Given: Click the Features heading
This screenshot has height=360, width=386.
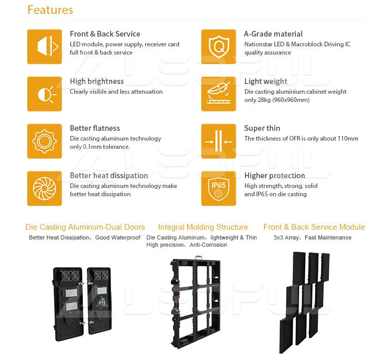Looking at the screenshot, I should (x=50, y=10).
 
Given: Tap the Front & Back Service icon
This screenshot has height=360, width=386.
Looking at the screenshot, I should (x=45, y=46).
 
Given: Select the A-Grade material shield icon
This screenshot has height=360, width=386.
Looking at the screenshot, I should (x=218, y=46).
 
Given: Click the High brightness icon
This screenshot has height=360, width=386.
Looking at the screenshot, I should (x=45, y=94).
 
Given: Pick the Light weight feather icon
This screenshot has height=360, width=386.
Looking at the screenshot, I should (x=218, y=94).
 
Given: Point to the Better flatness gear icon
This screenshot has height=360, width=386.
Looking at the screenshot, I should (x=45, y=141).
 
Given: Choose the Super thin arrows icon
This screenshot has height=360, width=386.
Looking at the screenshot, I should (x=218, y=141).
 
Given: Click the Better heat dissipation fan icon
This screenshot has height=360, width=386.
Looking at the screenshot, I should (x=45, y=188).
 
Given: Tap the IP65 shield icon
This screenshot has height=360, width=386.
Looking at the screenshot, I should (x=218, y=188).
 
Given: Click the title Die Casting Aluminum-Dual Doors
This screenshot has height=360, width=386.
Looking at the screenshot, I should (x=85, y=227).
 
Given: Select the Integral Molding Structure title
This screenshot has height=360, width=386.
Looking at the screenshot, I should (x=203, y=227).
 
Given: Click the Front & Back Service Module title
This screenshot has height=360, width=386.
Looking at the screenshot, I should (x=314, y=227).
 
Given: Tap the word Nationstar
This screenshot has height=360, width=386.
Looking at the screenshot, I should (x=259, y=44).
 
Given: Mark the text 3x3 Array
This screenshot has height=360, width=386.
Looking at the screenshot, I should (x=286, y=238).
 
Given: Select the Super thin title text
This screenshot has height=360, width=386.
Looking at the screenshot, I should (x=262, y=128).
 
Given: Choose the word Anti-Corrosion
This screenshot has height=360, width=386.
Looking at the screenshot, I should (x=208, y=245).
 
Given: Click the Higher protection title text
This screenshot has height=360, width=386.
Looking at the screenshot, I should (x=275, y=176).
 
